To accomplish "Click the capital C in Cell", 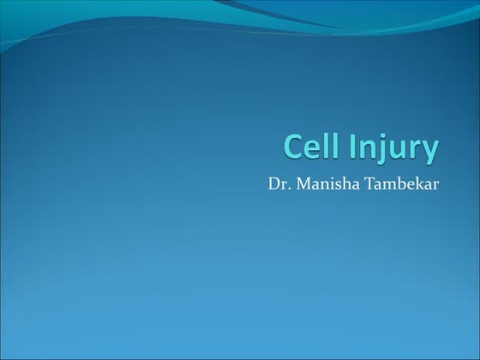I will click(x=295, y=147).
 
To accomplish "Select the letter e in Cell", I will click(x=314, y=149).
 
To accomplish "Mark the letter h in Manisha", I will click(x=347, y=185).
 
